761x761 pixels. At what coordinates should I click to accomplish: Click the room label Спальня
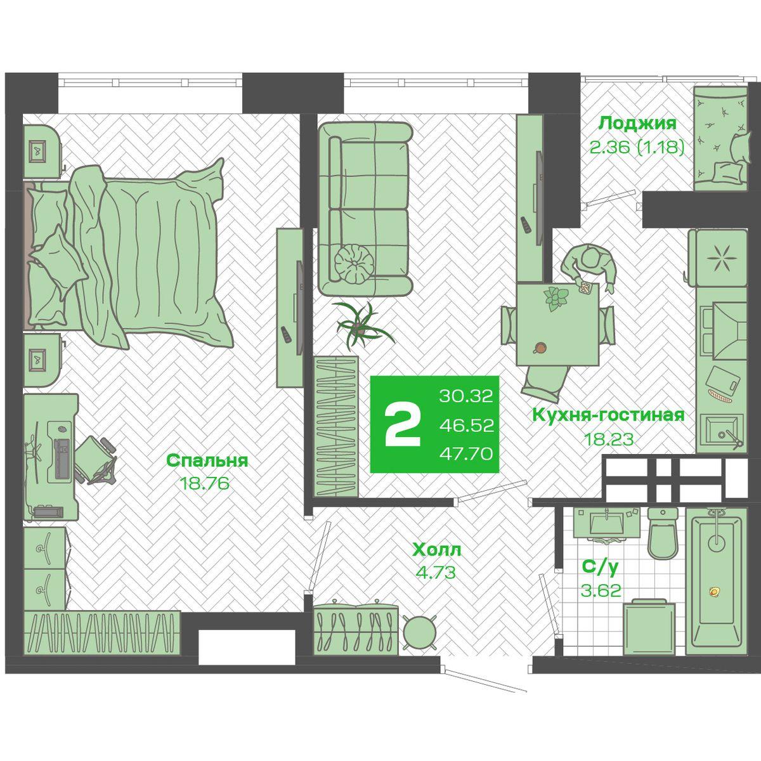(x=207, y=461)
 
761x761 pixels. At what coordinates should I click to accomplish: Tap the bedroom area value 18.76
(x=204, y=483)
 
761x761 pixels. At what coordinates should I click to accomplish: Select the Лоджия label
(x=637, y=124)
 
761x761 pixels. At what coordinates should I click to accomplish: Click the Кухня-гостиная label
(x=608, y=415)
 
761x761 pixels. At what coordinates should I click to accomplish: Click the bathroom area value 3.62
(x=601, y=591)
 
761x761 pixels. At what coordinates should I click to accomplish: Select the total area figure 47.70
(x=466, y=454)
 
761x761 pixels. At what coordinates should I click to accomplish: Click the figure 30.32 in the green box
(x=466, y=395)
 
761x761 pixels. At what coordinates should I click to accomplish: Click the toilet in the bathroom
(x=663, y=533)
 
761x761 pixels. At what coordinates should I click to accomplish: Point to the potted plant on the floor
(x=361, y=326)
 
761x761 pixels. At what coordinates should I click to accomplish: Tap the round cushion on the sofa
(x=354, y=264)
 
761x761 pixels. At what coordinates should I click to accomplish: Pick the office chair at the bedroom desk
(x=96, y=460)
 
